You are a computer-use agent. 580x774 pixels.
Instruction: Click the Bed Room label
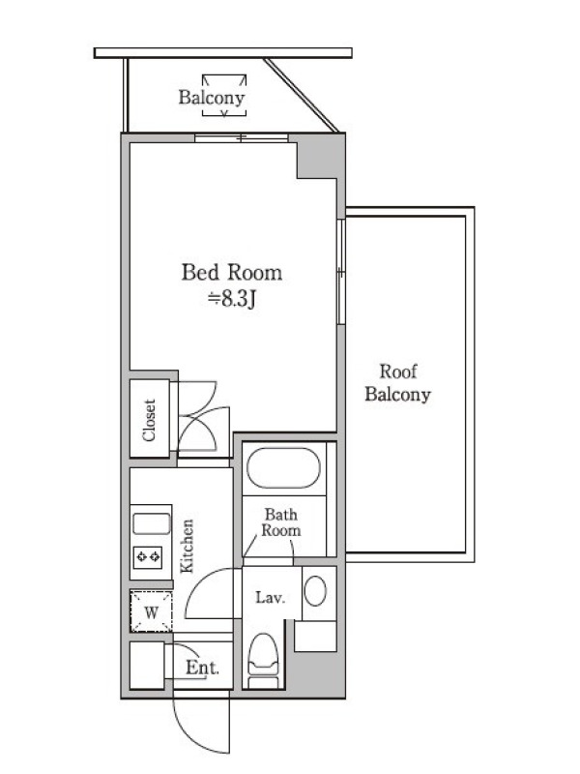[x=232, y=273]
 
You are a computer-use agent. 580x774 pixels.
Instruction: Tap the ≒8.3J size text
[x=232, y=299]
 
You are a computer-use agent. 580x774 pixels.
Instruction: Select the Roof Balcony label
[x=398, y=383]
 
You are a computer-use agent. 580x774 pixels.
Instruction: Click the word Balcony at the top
[x=212, y=98]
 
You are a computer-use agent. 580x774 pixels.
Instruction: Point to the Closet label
[x=149, y=420]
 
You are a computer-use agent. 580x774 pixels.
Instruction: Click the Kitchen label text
[x=187, y=546]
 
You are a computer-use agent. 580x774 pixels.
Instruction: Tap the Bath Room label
[x=280, y=522]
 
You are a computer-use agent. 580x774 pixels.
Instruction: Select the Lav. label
[x=271, y=598]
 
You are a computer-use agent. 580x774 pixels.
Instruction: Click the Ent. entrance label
[x=202, y=668]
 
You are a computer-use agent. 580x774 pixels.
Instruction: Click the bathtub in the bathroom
[x=283, y=468]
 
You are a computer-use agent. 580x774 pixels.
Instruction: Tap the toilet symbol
[x=263, y=660]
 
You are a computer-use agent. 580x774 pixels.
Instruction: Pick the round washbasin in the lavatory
[x=315, y=591]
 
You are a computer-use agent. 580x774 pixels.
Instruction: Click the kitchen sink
[x=152, y=523]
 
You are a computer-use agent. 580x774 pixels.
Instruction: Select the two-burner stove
[x=148, y=557]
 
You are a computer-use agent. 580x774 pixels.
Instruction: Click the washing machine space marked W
[x=152, y=611]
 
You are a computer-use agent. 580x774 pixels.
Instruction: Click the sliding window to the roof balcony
[x=340, y=272]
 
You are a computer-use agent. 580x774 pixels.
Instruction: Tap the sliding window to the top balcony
[x=241, y=137]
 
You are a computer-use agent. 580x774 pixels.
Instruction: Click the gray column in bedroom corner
[x=319, y=159]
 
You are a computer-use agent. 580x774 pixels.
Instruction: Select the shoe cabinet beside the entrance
[x=147, y=665]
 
